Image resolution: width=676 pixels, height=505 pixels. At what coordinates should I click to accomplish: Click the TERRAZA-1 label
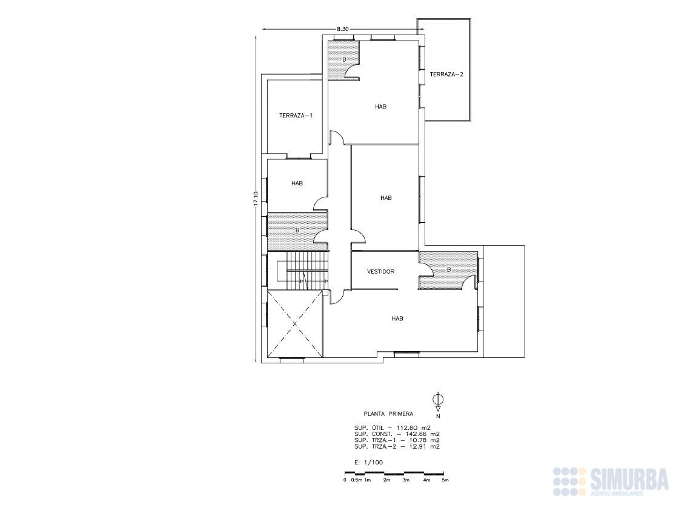(296, 116)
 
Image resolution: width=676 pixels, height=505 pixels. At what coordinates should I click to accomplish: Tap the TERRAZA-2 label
(446, 74)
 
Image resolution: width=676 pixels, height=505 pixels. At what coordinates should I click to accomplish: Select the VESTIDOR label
(380, 271)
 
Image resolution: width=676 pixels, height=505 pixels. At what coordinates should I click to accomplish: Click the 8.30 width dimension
(343, 29)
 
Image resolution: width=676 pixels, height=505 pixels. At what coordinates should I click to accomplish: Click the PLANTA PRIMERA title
(388, 414)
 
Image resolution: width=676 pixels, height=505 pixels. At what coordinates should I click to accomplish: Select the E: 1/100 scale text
(368, 463)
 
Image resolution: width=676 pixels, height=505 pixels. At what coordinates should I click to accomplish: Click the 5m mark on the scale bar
(445, 480)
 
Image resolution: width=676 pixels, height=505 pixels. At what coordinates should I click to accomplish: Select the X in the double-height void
(295, 323)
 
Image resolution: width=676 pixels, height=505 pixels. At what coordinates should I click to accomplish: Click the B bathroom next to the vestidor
(449, 269)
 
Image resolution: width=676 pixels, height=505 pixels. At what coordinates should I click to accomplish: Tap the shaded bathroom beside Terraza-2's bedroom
(343, 59)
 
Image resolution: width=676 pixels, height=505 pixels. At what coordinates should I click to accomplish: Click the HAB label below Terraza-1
(297, 183)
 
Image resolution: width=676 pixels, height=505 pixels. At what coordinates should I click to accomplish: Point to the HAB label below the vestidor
(397, 319)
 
